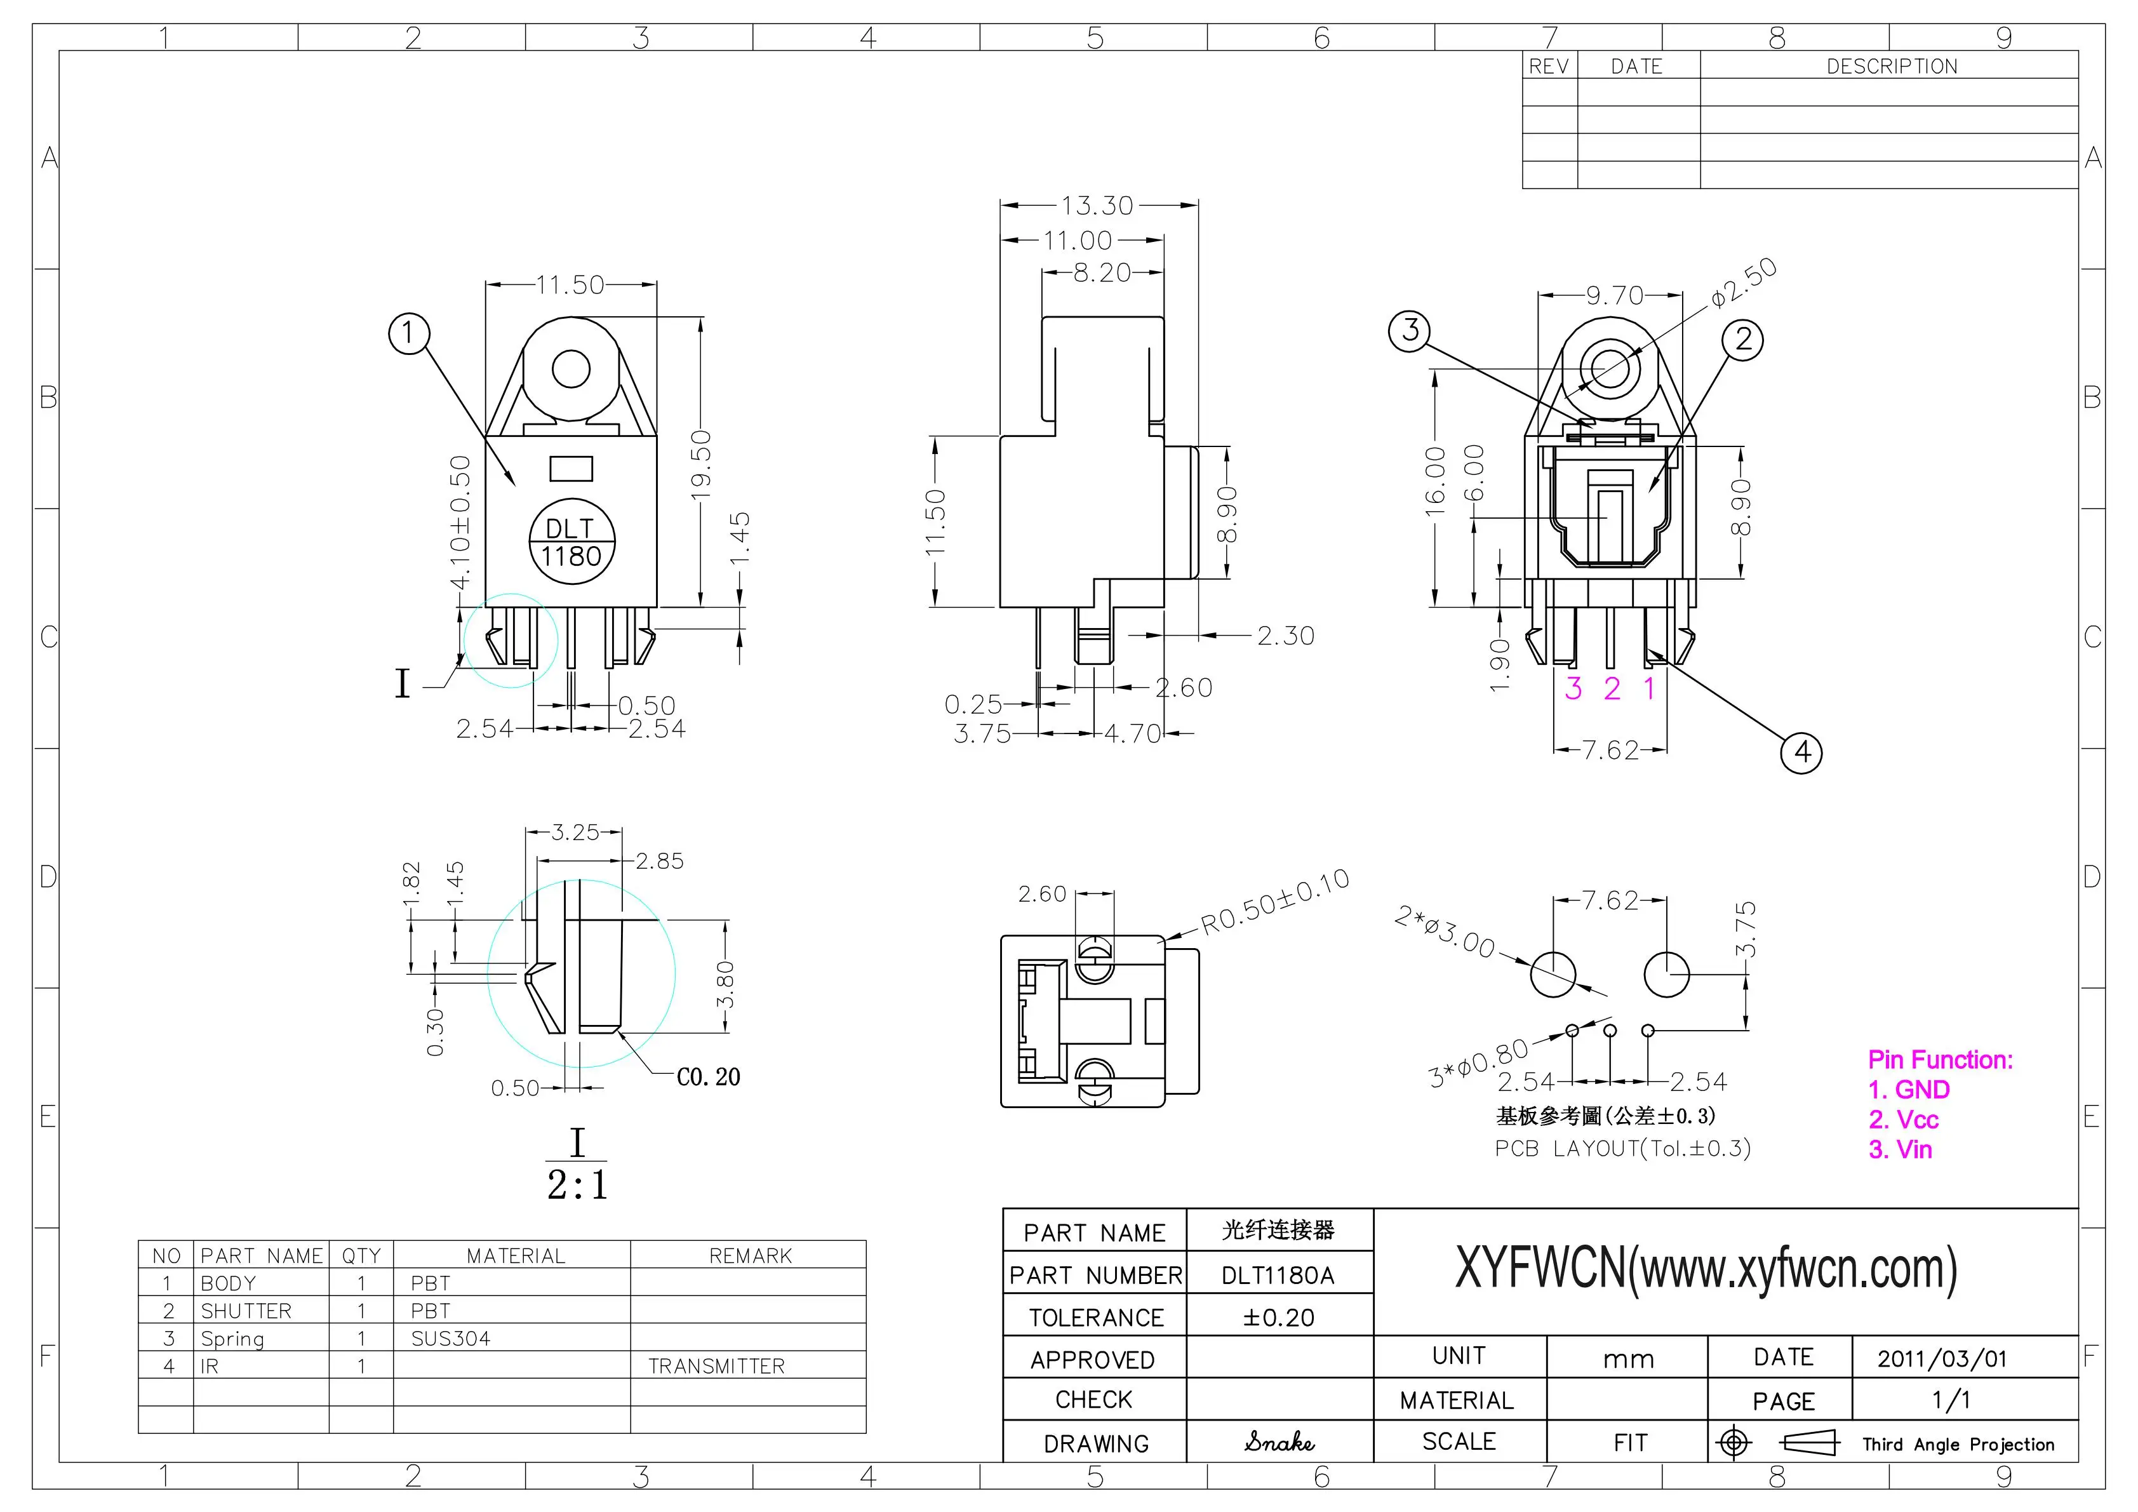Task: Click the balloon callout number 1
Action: click(408, 333)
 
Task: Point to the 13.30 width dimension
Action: click(1098, 205)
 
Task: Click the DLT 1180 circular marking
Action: click(571, 543)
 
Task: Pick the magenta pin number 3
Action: click(1573, 689)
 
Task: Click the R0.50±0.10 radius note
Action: click(1274, 902)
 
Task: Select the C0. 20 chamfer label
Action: click(708, 1077)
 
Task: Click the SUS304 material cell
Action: click(451, 1339)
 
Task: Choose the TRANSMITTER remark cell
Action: click(716, 1366)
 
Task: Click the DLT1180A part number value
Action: click(1278, 1276)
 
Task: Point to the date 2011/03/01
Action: click(1942, 1358)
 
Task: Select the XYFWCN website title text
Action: click(1706, 1269)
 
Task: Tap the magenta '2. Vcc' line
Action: click(1903, 1119)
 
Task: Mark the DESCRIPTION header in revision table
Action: click(1891, 66)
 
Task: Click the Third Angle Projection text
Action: click(1958, 1444)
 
